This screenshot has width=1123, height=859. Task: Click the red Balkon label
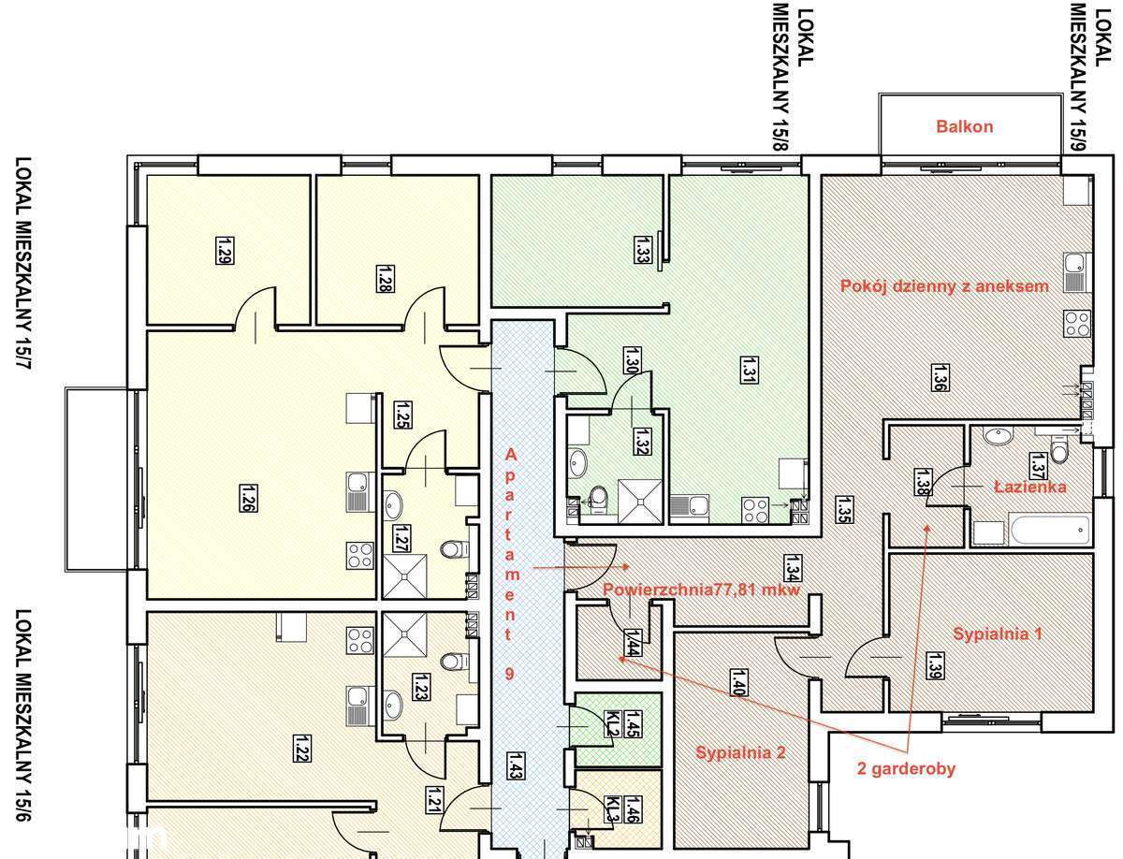[964, 126]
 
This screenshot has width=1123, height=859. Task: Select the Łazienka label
[1029, 487]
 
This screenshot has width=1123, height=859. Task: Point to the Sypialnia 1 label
[998, 633]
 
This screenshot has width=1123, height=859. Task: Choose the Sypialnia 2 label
[740, 751]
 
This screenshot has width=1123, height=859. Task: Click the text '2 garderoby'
[906, 769]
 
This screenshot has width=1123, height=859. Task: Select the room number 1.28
[384, 279]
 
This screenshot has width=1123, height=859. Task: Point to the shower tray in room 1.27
[404, 576]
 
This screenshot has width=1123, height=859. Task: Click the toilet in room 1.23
[453, 661]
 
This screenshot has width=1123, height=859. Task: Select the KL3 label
[610, 807]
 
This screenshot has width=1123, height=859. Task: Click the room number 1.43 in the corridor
[514, 764]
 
